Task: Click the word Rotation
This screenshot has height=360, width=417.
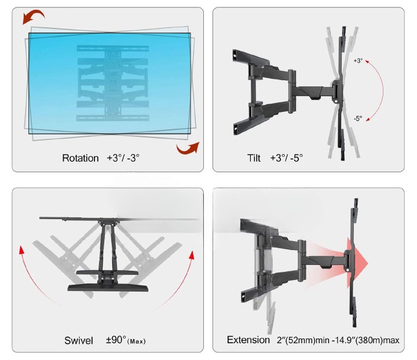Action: (x=81, y=158)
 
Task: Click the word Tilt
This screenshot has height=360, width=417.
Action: (x=254, y=158)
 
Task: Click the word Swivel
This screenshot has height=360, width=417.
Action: (x=79, y=340)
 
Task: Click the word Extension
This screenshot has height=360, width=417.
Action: (x=248, y=340)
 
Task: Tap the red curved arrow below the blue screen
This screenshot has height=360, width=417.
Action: (x=188, y=148)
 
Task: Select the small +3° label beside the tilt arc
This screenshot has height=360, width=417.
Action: (x=358, y=61)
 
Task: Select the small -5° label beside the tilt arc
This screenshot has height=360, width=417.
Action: (x=358, y=118)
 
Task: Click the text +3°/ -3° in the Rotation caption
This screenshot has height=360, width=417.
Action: (x=123, y=158)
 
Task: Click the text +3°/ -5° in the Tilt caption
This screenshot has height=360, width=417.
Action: (x=287, y=158)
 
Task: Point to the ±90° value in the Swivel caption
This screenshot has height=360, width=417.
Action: (x=116, y=340)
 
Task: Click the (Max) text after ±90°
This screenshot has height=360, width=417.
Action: (x=137, y=341)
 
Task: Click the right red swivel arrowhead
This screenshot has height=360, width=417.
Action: (x=192, y=255)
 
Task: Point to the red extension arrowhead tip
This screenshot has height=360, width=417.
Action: (x=368, y=263)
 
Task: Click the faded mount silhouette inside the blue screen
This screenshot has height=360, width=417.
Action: (x=113, y=83)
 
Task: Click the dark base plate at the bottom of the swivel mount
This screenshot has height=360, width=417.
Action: (x=108, y=288)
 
